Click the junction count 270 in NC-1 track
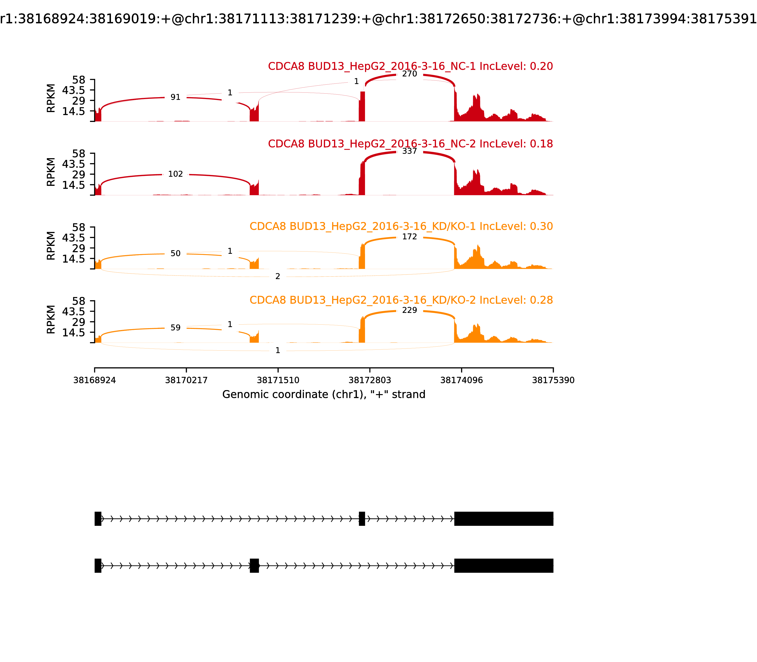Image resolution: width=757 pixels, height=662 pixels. [x=409, y=74]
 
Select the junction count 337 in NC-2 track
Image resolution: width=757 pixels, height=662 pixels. [x=409, y=151]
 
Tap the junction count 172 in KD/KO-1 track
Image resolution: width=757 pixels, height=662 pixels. [x=409, y=237]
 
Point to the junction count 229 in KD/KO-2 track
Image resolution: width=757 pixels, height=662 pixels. [x=409, y=310]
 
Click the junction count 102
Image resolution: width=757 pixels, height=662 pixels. [x=175, y=174]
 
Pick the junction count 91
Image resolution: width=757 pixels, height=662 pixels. [x=175, y=97]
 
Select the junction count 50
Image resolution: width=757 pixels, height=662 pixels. [x=175, y=253]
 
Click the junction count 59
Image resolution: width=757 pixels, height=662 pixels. [x=175, y=328]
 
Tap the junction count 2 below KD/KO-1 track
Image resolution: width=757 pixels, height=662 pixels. [x=277, y=276]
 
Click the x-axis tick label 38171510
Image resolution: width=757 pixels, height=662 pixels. [x=278, y=380]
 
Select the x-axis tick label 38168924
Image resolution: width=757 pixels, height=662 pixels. [x=95, y=380]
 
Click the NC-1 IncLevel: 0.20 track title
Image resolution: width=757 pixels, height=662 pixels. [x=410, y=66]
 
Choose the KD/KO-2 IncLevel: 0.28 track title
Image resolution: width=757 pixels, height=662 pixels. [x=401, y=300]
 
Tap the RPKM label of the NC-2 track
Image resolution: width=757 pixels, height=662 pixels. [x=51, y=172]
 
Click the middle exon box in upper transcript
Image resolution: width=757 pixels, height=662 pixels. [x=362, y=519]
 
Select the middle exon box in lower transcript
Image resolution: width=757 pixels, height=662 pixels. [x=254, y=566]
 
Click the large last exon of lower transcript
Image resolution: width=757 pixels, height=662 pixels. [x=503, y=566]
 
